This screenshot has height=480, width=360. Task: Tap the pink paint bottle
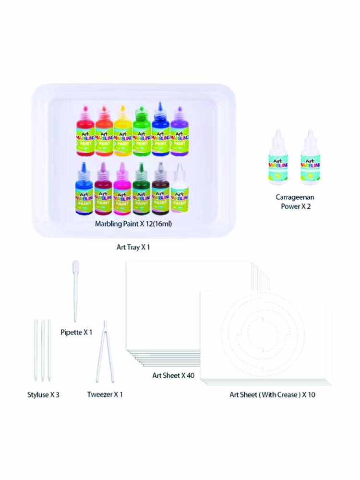point(122,192)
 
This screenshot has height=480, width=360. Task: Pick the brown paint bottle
point(160,192)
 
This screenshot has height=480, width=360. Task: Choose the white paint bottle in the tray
point(180,192)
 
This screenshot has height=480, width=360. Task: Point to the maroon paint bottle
point(103,192)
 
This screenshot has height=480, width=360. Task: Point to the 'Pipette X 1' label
point(76,332)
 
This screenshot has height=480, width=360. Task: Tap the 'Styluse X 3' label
point(43,395)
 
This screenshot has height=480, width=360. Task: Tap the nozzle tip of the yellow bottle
point(122,107)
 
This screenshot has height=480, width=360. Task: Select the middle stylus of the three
point(42,350)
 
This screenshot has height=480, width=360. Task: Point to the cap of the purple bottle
point(179,113)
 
